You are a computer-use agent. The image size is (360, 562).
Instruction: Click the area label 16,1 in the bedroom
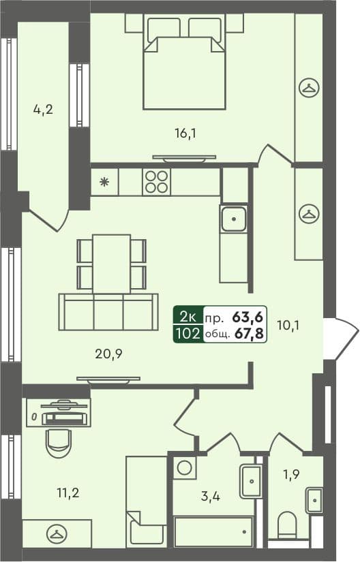[185, 134]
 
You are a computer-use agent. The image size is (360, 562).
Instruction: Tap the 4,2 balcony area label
[43, 109]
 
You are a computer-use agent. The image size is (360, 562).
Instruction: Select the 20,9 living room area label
[109, 353]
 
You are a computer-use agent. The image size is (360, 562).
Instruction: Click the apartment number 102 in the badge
[187, 334]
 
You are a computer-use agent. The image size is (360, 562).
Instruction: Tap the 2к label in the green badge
[187, 317]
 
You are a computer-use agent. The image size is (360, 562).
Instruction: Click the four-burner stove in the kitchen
[155, 181]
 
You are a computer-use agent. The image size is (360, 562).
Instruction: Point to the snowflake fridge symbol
[104, 181]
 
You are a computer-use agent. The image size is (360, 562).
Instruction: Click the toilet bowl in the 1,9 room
[287, 527]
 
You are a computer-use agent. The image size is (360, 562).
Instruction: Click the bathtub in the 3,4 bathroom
[213, 532]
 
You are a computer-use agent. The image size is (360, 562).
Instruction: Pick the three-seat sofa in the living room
[108, 313]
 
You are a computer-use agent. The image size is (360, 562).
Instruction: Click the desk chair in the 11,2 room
[58, 442]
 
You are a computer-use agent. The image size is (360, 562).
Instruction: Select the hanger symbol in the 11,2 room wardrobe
[57, 533]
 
